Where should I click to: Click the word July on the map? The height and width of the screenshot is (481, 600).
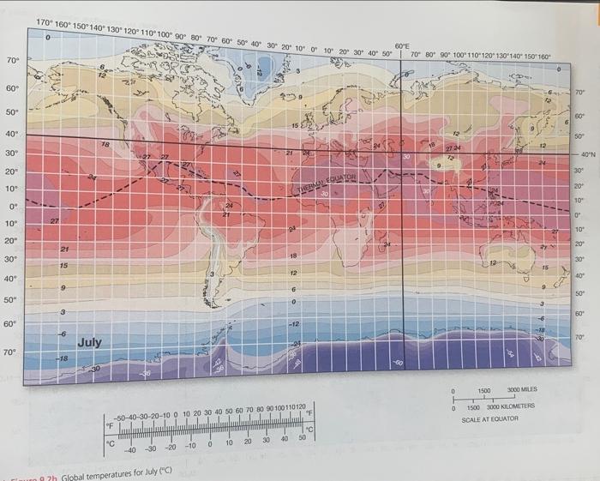[89, 342]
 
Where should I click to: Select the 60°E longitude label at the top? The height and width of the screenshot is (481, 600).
[403, 45]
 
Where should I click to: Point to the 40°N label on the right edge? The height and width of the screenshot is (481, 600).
[586, 154]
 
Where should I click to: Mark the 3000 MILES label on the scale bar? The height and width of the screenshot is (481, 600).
[523, 389]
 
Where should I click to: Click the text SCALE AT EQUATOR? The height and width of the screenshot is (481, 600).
[489, 420]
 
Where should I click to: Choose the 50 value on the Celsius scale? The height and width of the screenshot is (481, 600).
[300, 438]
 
